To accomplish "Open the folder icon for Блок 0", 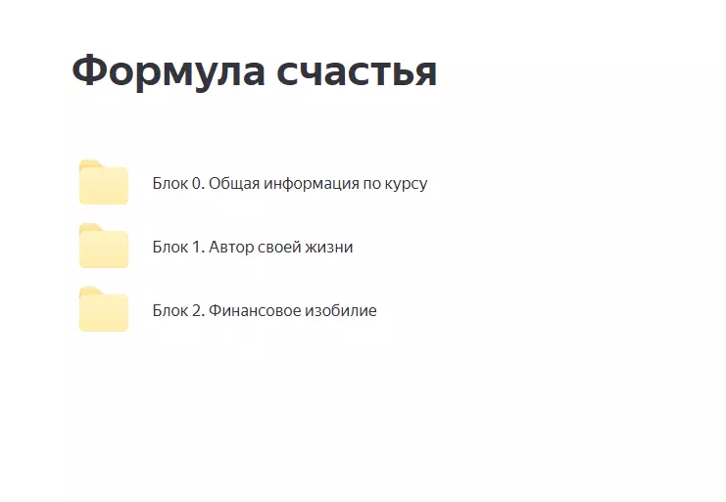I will coord(103,183).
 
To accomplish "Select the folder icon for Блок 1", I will coord(103,247).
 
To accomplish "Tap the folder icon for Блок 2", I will coord(103,310).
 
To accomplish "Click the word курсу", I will coord(407,184).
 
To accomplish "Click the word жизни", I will coord(331,247).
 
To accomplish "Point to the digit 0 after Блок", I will coord(196,183).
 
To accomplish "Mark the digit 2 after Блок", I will coord(196,310).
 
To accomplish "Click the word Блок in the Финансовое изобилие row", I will coord(169,310).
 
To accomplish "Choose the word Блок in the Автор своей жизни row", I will coord(169,247).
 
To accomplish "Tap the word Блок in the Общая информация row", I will coord(169,183).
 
